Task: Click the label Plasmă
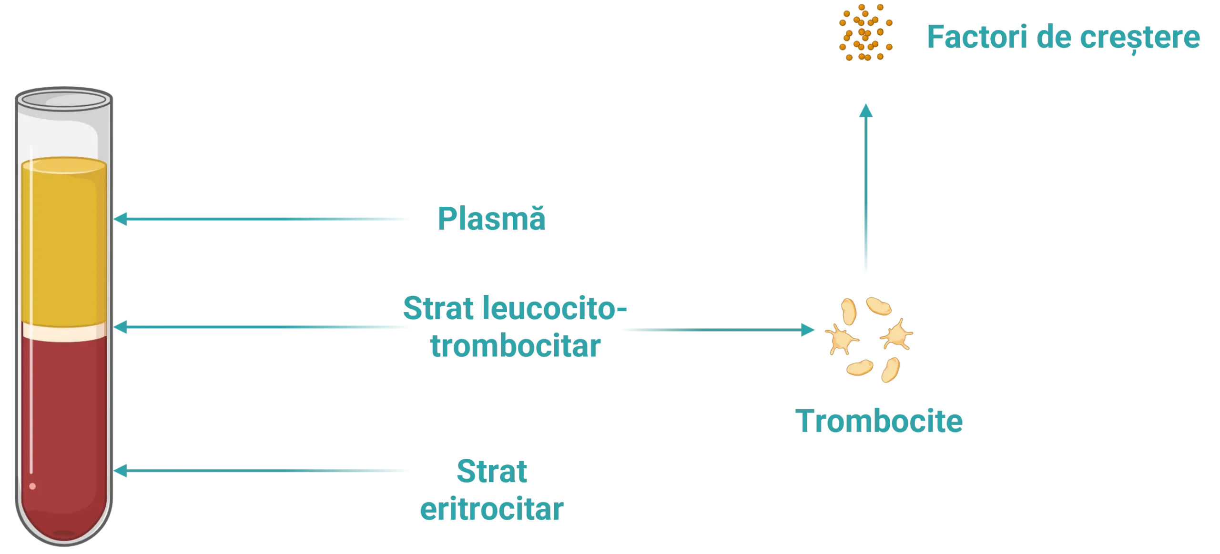pos(492,220)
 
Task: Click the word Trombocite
pos(880,421)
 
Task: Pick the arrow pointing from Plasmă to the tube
pos(262,220)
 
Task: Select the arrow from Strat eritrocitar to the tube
pos(262,471)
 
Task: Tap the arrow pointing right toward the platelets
pos(715,329)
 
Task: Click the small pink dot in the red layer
pos(32,486)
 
